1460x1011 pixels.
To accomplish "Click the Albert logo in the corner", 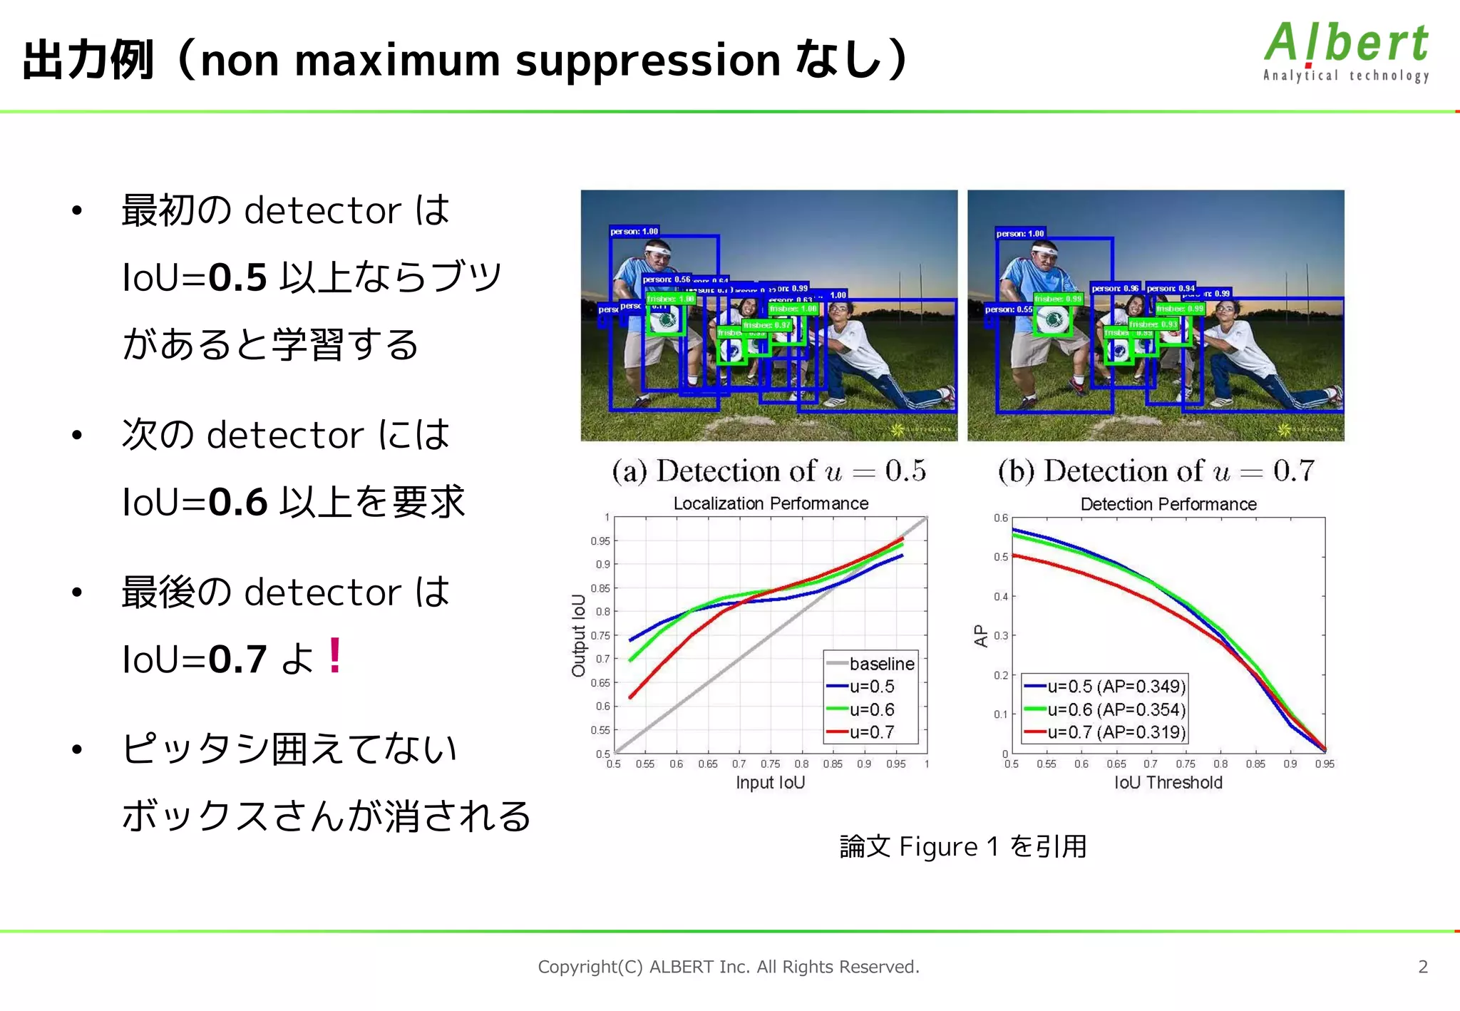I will (1346, 51).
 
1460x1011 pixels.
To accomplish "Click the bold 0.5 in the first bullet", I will (237, 277).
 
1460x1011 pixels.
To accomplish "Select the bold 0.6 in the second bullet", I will (237, 502).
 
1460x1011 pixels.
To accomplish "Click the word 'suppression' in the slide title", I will (648, 60).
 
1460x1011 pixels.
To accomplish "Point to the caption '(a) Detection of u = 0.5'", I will (768, 471).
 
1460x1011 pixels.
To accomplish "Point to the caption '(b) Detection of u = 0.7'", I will (1156, 471).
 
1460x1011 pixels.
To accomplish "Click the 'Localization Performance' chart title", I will (771, 503).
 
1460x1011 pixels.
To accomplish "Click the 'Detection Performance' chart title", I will (1168, 504).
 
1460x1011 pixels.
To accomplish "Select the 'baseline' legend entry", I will (881, 664).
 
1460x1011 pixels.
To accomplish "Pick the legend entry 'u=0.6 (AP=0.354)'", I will (1116, 709).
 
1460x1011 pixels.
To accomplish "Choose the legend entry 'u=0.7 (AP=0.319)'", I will (1116, 732).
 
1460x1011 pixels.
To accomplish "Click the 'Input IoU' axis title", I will (770, 783).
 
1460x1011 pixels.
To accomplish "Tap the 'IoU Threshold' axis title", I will (1168, 783).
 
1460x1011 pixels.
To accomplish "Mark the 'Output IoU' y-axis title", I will (578, 635).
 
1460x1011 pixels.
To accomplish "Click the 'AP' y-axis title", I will (981, 635).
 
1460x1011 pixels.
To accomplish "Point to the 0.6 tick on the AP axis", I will (1001, 518).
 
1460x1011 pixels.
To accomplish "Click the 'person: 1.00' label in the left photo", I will (634, 232).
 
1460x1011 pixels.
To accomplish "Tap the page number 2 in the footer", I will (1423, 967).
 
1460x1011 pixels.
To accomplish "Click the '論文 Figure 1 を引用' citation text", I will (963, 847).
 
